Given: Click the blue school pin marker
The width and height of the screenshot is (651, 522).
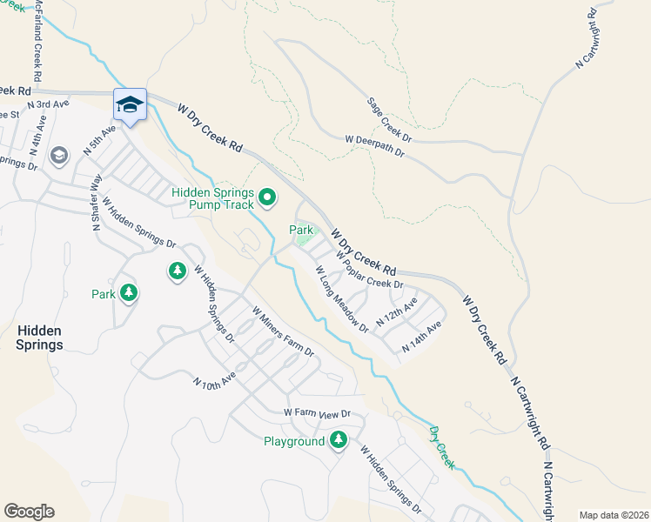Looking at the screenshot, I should pos(130,105).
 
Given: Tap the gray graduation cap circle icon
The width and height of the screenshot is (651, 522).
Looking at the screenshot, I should pos(59,156).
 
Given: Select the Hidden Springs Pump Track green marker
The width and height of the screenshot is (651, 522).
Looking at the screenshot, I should pos(267,199).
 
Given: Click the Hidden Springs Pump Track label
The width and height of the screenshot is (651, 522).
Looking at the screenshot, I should pos(212,199).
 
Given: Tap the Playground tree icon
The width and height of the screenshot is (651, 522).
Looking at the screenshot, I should pos(338,441).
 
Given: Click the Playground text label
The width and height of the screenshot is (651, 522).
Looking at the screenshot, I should pos(294,442).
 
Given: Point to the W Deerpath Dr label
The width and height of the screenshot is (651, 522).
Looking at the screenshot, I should pos(375,145).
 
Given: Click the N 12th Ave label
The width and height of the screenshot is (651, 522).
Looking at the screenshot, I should pos(396,312).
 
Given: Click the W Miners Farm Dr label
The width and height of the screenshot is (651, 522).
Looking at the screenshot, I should pos(282,331).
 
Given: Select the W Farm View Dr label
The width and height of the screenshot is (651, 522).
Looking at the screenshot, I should pos(316,413).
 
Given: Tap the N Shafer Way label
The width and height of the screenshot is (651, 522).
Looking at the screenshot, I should pos(97,201).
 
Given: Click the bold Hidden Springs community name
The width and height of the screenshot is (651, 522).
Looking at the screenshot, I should pos(39,338).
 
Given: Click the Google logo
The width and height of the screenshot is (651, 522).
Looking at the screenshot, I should pos(29,511).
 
